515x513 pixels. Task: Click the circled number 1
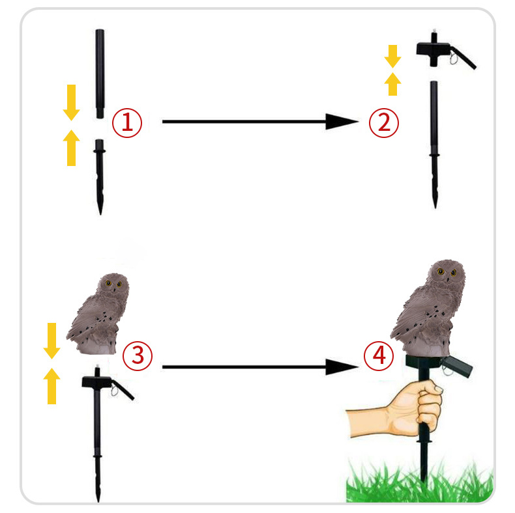click(x=127, y=123)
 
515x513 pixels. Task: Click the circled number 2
click(x=383, y=122)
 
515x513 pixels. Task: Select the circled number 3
click(x=138, y=356)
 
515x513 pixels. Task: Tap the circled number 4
click(x=379, y=355)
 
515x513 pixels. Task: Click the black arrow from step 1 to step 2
click(x=260, y=122)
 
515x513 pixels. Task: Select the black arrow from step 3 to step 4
click(x=260, y=367)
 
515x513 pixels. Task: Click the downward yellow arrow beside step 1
click(x=71, y=103)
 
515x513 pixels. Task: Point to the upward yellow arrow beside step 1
click(x=71, y=148)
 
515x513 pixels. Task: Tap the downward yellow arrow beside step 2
click(x=393, y=57)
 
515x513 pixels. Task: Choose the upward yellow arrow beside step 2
click(x=393, y=84)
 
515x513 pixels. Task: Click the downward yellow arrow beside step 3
click(x=52, y=340)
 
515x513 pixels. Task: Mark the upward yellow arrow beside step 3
click(x=52, y=386)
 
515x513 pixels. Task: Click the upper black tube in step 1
click(x=100, y=74)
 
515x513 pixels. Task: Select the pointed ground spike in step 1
click(x=100, y=177)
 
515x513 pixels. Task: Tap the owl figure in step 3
click(x=98, y=314)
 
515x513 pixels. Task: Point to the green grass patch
click(x=420, y=482)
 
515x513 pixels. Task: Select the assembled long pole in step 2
click(x=434, y=145)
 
